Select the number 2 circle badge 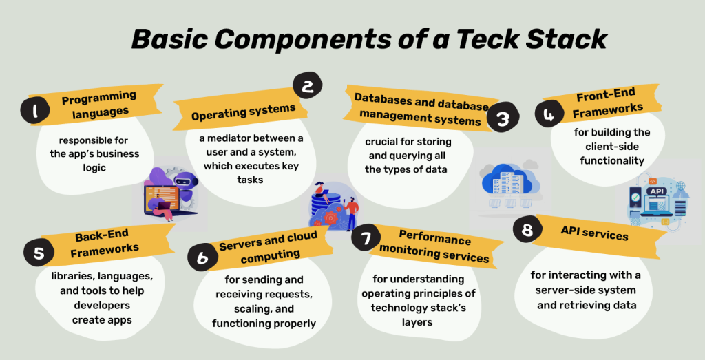click(x=308, y=87)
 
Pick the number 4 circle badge click(x=549, y=114)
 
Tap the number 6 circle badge click(x=202, y=257)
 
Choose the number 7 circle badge click(x=365, y=239)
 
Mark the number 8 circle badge click(x=527, y=229)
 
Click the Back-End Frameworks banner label click(x=103, y=244)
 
